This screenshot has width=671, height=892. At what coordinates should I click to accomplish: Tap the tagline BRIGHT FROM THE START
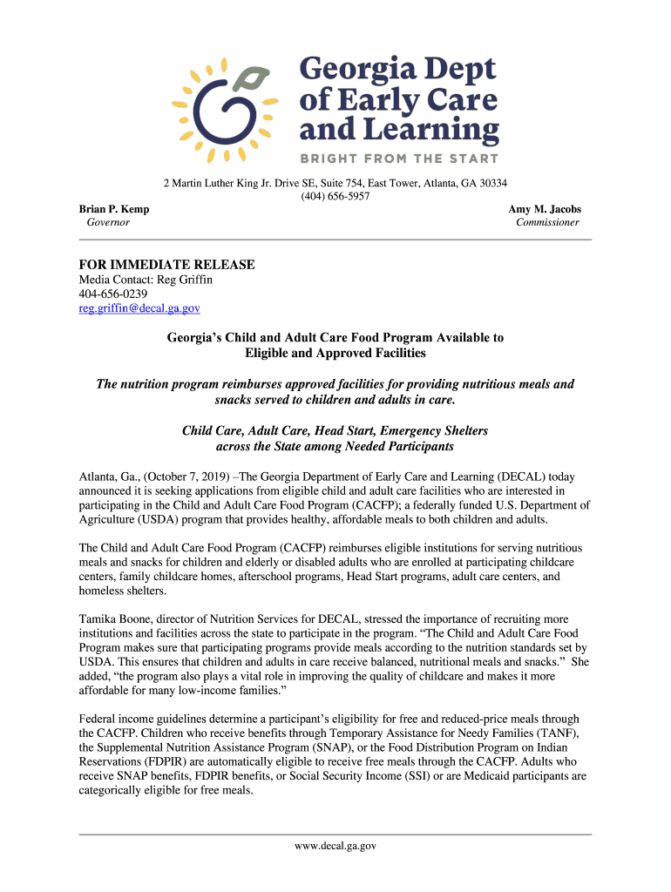pos(399,159)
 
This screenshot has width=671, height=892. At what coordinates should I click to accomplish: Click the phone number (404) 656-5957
pos(335,196)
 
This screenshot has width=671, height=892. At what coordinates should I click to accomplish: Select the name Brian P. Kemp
pos(114,209)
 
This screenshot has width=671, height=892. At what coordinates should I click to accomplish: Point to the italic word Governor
pos(108,222)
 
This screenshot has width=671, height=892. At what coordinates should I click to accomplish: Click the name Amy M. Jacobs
pos(545,209)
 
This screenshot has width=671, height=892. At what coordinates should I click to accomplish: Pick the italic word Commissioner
pos(547,222)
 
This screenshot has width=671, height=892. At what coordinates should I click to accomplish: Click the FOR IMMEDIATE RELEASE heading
pos(166,264)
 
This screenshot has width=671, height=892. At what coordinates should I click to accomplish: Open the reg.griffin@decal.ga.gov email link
pos(139,307)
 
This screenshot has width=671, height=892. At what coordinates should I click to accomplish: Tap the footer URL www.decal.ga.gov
pos(335,845)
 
